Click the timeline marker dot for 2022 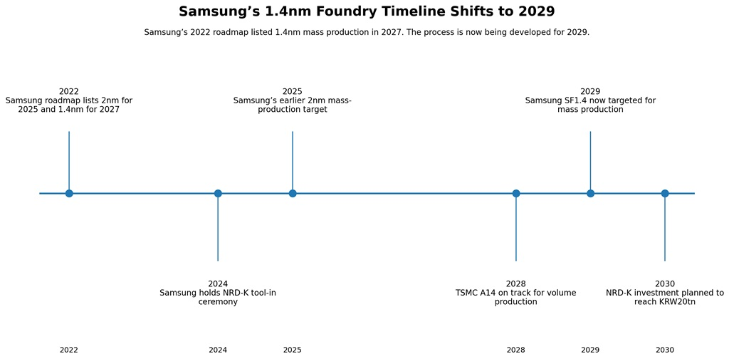coord(69,193)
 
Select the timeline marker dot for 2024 coord(218,193)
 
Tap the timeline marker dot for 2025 coord(293,193)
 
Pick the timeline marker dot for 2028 coord(515,193)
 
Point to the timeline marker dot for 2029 coord(590,193)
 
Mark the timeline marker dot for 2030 coord(665,193)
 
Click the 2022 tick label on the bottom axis coord(69,350)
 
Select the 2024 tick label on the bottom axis coord(218,350)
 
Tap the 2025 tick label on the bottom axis coord(293,350)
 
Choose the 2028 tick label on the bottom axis coord(515,350)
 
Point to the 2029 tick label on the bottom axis coord(590,350)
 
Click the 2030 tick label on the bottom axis coord(665,350)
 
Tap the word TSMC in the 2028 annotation coord(466,293)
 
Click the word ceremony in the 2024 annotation coord(218,302)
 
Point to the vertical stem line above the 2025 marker coord(293,162)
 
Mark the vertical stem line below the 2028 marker coord(515,227)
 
